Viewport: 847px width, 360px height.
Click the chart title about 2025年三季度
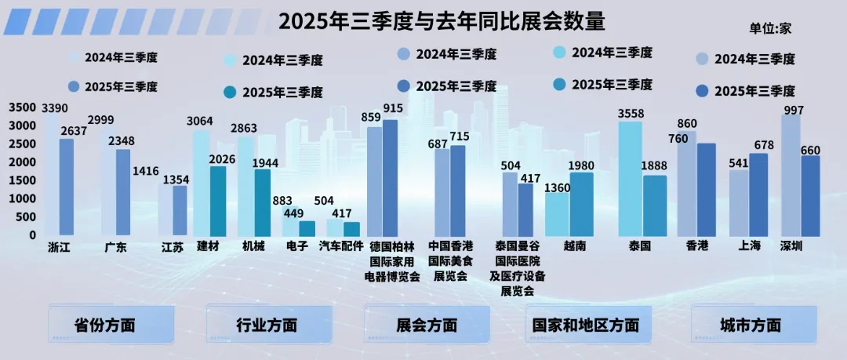click(x=442, y=20)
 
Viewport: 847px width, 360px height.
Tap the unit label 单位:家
click(x=771, y=28)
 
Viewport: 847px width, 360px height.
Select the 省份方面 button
click(x=104, y=325)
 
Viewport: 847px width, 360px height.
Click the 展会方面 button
click(x=427, y=325)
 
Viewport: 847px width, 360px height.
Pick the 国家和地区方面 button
click(x=585, y=325)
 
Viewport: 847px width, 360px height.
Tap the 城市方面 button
click(x=751, y=325)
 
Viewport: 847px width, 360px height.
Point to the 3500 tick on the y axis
click(x=23, y=107)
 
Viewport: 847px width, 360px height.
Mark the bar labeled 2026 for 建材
click(x=218, y=201)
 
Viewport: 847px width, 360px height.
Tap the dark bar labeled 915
click(x=390, y=177)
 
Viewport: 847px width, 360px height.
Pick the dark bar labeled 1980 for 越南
click(x=581, y=204)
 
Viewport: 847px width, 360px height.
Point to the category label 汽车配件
click(x=341, y=246)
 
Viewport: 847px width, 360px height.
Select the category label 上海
click(x=749, y=246)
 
